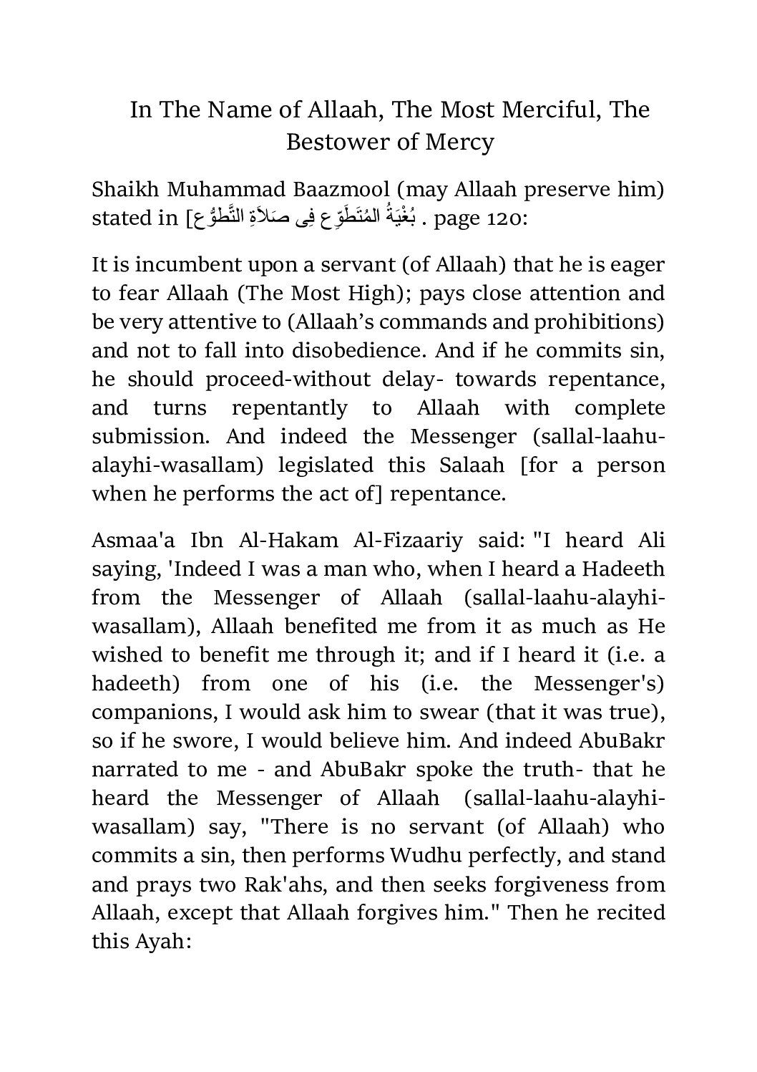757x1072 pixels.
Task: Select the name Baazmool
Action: coord(332,190)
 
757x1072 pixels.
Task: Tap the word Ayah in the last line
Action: coord(160,941)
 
